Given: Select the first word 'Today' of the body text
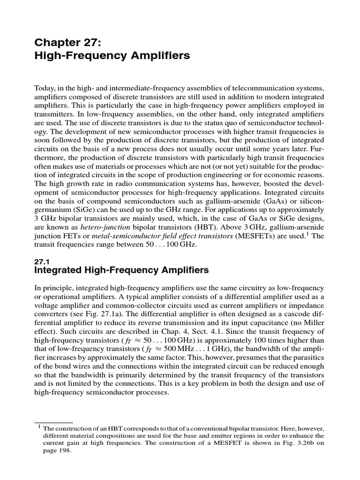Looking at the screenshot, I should click(45, 88).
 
